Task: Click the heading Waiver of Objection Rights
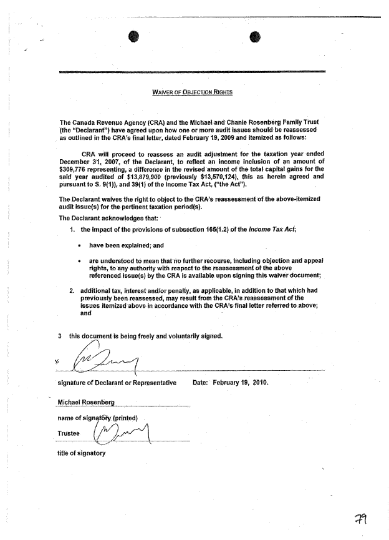point(192,93)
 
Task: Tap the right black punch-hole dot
point(254,36)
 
